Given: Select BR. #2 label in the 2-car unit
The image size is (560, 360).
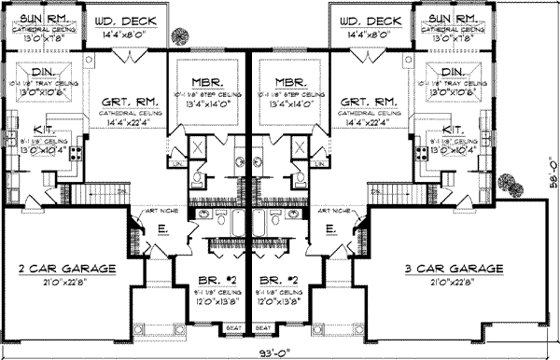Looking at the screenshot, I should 205,279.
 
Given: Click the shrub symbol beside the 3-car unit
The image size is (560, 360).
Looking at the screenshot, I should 510,183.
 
